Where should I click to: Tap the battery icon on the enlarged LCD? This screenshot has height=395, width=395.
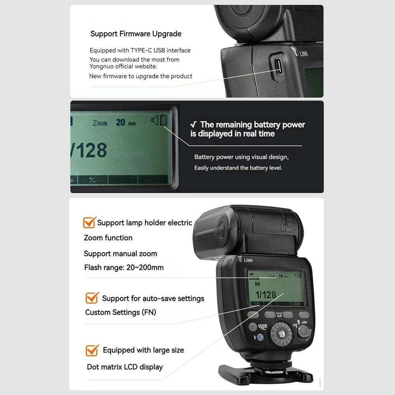tap(163, 120)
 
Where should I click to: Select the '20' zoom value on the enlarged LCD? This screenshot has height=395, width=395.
tap(120, 122)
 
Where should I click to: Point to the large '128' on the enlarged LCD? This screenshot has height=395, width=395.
tap(92, 150)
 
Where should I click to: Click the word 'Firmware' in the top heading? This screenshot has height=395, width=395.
tap(135, 34)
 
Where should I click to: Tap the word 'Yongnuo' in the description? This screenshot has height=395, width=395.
tap(101, 66)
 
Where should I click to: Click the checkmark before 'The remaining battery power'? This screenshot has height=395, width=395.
tap(194, 124)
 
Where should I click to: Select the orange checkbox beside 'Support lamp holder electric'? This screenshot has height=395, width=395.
tap(89, 222)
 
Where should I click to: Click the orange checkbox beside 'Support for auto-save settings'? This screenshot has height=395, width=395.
tap(92, 298)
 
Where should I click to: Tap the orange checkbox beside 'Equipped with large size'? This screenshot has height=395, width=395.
tap(92, 350)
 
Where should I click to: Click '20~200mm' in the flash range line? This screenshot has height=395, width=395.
tap(145, 267)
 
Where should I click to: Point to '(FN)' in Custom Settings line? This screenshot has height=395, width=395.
tap(149, 312)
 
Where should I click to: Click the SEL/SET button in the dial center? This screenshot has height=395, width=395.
tap(281, 334)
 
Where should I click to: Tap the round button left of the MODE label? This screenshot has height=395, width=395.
tap(253, 327)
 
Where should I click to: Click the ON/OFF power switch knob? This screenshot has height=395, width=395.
tap(304, 331)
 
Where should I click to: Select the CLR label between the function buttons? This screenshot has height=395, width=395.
tap(279, 316)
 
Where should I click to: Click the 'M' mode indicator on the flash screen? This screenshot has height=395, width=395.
tap(257, 284)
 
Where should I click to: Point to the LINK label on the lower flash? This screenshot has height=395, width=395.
tap(248, 260)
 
